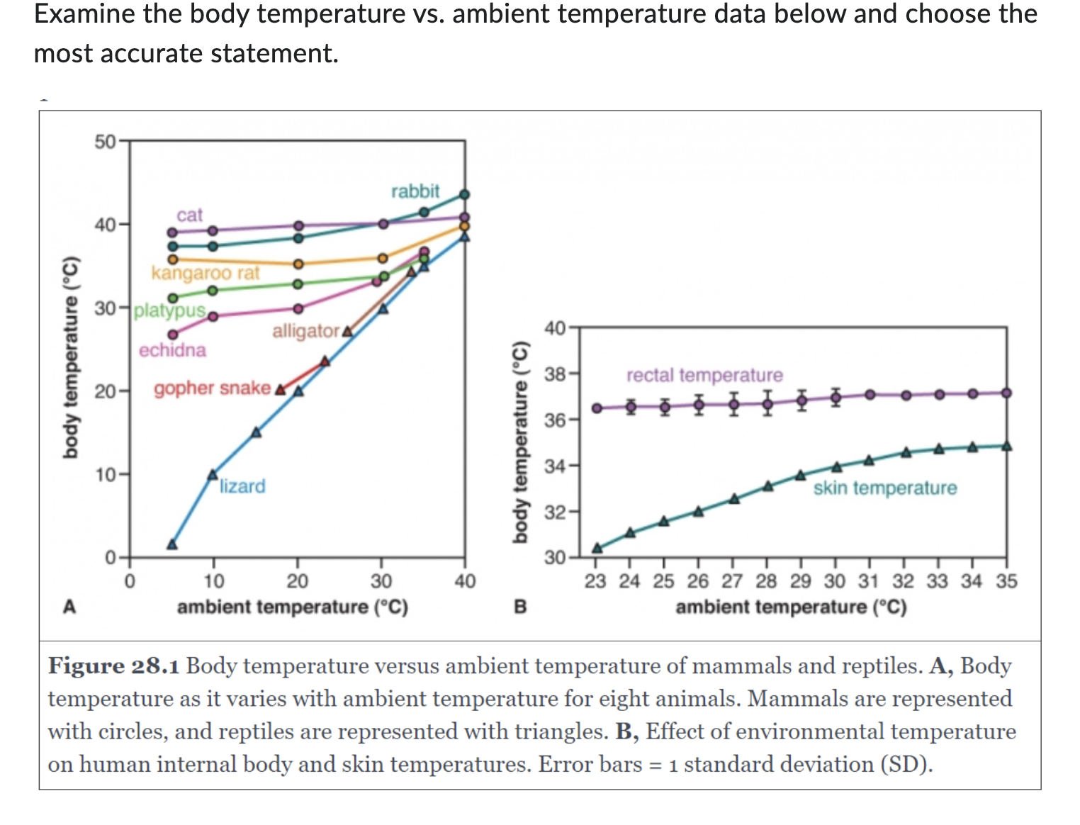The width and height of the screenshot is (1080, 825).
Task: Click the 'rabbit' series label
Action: tap(415, 191)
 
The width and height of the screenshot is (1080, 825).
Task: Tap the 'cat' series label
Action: tap(189, 215)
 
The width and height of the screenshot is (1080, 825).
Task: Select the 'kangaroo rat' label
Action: tap(206, 273)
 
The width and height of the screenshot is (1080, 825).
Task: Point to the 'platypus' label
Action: tap(169, 310)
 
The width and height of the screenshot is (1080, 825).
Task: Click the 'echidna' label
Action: tap(172, 350)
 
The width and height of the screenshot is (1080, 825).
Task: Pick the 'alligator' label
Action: tap(305, 331)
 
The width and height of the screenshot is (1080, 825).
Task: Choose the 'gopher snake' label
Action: tap(212, 388)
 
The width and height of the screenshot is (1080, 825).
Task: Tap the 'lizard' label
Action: tap(242, 486)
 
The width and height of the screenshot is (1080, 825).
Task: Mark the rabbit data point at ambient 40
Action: tap(464, 194)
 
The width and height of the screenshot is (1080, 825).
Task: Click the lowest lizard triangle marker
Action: tap(172, 544)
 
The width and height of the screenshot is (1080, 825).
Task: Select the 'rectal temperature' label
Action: tap(704, 375)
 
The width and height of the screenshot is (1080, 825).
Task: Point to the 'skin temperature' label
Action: tap(884, 488)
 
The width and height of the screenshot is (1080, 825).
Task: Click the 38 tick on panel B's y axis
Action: tap(555, 374)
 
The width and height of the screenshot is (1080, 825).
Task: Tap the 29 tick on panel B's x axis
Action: tap(800, 582)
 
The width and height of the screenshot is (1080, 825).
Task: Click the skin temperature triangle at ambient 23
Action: tap(597, 548)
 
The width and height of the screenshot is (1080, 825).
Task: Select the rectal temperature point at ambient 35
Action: tap(1006, 393)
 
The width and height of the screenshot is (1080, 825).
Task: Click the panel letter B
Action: tap(520, 607)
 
